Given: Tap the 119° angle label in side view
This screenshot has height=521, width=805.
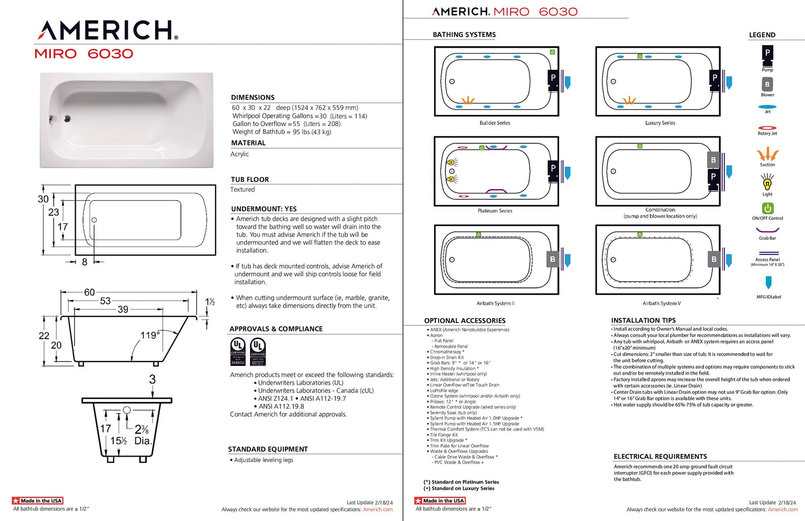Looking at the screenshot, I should (150, 335).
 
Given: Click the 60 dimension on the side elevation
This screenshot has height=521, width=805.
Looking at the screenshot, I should (89, 292).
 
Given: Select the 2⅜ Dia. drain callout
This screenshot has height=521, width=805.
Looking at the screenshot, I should (142, 435).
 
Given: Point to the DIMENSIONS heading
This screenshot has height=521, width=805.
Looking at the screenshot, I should (253, 98).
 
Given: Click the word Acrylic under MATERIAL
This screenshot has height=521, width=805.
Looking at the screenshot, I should (239, 154).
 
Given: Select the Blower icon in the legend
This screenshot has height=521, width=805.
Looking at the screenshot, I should (767, 84).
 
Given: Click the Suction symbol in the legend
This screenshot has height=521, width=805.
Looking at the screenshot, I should (767, 155).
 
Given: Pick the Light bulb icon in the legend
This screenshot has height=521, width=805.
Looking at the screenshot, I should (767, 183).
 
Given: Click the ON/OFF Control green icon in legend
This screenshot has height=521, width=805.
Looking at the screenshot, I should (767, 208).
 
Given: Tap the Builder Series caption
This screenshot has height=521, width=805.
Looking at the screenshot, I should (495, 123).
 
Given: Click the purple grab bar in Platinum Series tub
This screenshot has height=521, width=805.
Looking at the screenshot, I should (496, 190).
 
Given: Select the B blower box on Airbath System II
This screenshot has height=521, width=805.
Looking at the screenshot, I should (553, 259).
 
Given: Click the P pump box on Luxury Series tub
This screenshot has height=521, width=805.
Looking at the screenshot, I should (714, 78).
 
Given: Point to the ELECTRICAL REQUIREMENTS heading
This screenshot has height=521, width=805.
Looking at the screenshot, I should (660, 457).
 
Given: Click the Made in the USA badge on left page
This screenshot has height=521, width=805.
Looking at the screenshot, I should (38, 501).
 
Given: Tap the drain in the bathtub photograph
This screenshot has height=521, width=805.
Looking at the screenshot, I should (67, 119).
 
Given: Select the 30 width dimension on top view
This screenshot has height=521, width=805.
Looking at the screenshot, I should (43, 199).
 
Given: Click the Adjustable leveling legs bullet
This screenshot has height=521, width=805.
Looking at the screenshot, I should (263, 460).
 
